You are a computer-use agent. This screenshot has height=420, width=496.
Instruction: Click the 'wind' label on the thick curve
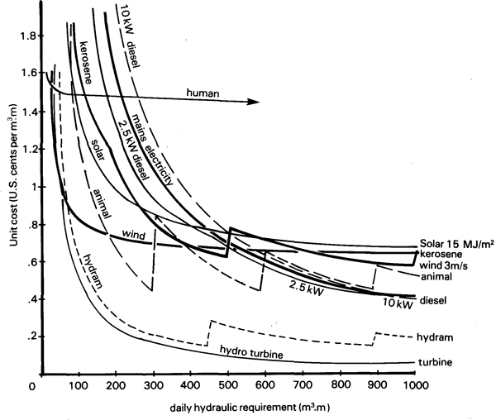[x=134, y=235]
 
